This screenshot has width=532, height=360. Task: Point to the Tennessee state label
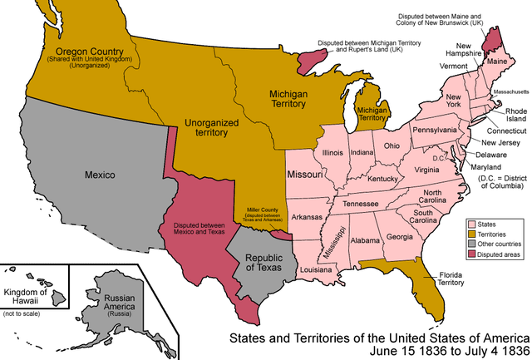coord(361,204)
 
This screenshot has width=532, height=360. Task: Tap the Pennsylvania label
coord(435,130)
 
